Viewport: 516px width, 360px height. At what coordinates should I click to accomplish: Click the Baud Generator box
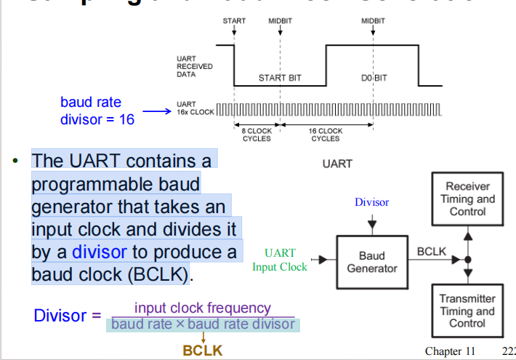[372, 261]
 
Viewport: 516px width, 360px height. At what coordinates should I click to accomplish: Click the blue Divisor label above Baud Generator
[371, 202]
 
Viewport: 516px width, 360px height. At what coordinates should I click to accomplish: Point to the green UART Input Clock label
[280, 260]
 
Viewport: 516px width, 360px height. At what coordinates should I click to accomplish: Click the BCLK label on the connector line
[432, 251]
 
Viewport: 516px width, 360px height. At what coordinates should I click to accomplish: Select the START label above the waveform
[234, 21]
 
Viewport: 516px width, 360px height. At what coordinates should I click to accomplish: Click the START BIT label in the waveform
[280, 77]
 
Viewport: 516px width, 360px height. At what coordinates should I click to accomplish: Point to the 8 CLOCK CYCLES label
[257, 135]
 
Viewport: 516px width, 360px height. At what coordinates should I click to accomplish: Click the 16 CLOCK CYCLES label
[325, 135]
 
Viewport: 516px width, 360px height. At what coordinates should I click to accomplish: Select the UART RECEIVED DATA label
[194, 66]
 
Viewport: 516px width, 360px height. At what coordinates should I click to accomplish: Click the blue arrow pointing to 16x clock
[156, 112]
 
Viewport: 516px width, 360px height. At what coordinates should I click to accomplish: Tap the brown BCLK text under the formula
[203, 351]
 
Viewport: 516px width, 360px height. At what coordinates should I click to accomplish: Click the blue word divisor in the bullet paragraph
[99, 252]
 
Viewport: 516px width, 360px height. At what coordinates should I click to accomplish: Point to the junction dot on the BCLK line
[469, 260]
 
